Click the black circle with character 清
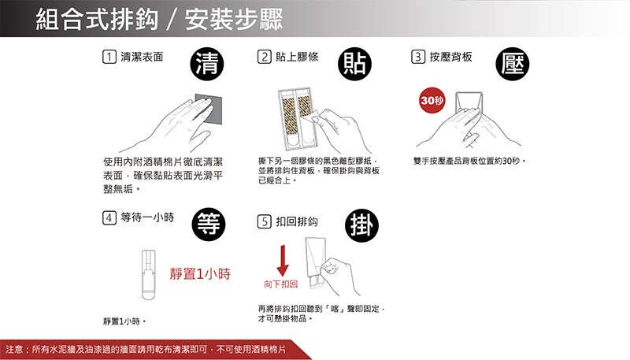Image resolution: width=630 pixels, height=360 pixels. click(x=207, y=64)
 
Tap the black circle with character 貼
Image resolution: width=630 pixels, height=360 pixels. click(x=355, y=64)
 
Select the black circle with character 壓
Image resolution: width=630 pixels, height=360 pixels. click(x=513, y=64)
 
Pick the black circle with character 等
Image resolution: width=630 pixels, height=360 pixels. click(x=209, y=225)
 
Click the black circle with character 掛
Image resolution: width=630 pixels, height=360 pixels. click(x=361, y=225)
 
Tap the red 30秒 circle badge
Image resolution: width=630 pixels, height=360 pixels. click(x=432, y=100)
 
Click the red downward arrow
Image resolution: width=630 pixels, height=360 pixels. click(x=283, y=261)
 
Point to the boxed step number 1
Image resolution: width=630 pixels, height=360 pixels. click(x=109, y=57)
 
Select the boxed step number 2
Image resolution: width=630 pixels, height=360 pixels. click(x=265, y=57)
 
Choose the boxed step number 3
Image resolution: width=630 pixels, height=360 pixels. click(x=418, y=57)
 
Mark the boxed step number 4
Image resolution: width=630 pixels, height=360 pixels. click(x=109, y=217)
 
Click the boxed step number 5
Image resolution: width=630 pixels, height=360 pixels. click(x=265, y=221)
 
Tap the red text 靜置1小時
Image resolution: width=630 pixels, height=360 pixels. click(x=200, y=274)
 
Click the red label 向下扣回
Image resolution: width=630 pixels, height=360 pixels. click(x=281, y=284)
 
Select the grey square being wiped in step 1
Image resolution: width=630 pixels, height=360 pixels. click(x=208, y=109)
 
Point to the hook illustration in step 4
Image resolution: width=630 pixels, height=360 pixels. click(x=148, y=274)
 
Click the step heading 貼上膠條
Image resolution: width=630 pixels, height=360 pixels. click(x=297, y=57)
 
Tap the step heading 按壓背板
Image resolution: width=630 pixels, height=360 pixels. click(x=450, y=57)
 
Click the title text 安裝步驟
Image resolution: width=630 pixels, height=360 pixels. click(x=234, y=19)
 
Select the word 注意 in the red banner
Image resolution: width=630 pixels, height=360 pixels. click(x=14, y=349)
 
